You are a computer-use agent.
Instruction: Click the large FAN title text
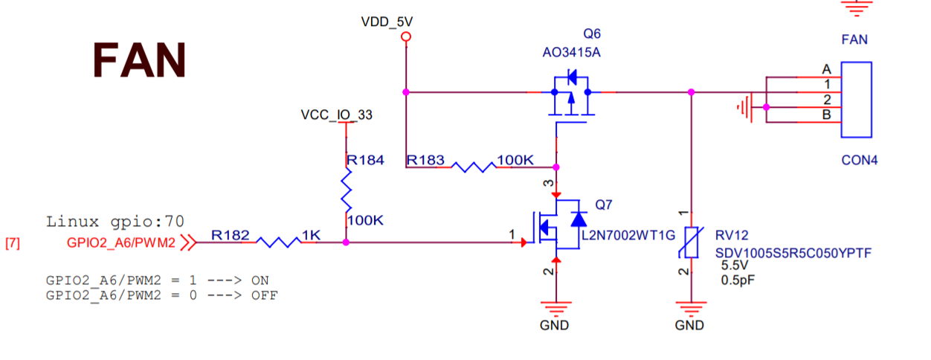[139, 60]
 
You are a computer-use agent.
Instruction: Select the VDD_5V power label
[386, 22]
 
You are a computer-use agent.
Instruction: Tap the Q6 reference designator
[592, 34]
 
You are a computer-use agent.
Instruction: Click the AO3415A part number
[573, 53]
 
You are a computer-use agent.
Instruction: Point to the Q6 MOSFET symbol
[570, 95]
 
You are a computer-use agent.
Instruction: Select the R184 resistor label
[366, 160]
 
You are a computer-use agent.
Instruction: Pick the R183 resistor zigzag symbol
[473, 167]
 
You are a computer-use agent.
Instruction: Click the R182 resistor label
[231, 235]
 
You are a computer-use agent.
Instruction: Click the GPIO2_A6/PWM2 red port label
[121, 242]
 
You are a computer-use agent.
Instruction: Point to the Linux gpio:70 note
[115, 221]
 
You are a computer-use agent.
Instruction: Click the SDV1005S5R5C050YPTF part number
[793, 254]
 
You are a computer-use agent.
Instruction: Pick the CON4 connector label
[860, 160]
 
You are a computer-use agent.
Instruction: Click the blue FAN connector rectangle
[856, 100]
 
